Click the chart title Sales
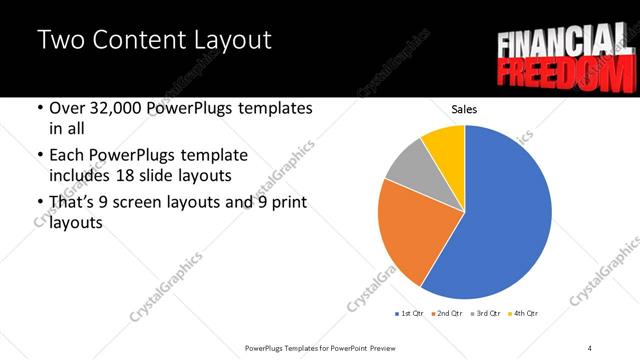464,108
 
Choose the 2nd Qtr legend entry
447,314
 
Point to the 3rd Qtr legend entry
485,314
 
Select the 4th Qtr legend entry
523,314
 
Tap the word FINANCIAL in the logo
562,42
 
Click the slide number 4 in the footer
590,347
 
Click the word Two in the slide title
60,41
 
